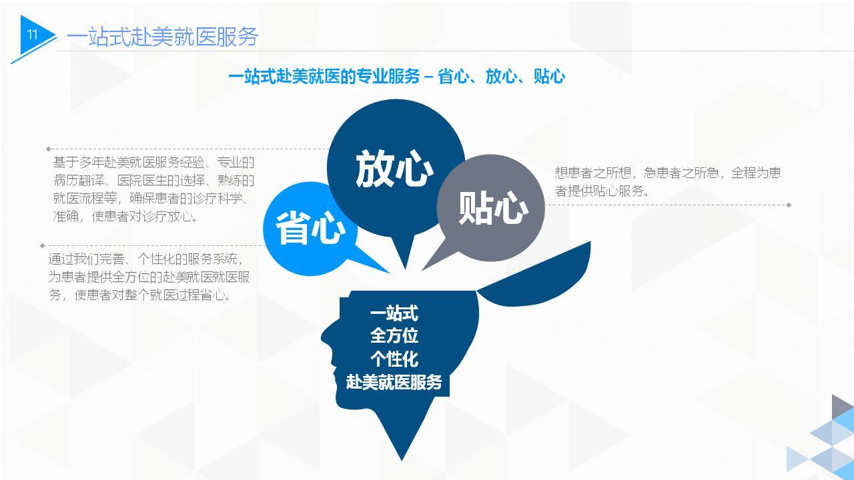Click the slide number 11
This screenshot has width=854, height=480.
click(33, 35)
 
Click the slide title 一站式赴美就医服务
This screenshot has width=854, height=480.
click(162, 37)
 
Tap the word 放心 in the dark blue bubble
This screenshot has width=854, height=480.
click(394, 169)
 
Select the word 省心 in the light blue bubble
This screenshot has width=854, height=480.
click(310, 228)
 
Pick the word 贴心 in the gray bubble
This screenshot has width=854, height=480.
click(493, 209)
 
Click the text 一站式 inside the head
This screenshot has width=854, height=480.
click(394, 313)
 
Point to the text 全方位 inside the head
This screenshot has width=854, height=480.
click(394, 336)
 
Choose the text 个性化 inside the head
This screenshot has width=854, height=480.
click(394, 359)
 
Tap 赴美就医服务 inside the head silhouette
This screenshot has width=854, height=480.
click(394, 382)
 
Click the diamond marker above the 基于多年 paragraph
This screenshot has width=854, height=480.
click(48, 149)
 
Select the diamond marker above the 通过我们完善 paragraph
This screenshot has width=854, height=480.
click(42, 246)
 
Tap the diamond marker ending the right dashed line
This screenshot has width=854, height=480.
click(789, 205)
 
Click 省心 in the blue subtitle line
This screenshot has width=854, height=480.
click(453, 77)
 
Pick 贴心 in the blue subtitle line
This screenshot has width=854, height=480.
click(549, 77)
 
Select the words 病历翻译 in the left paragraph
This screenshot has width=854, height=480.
click(79, 181)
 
